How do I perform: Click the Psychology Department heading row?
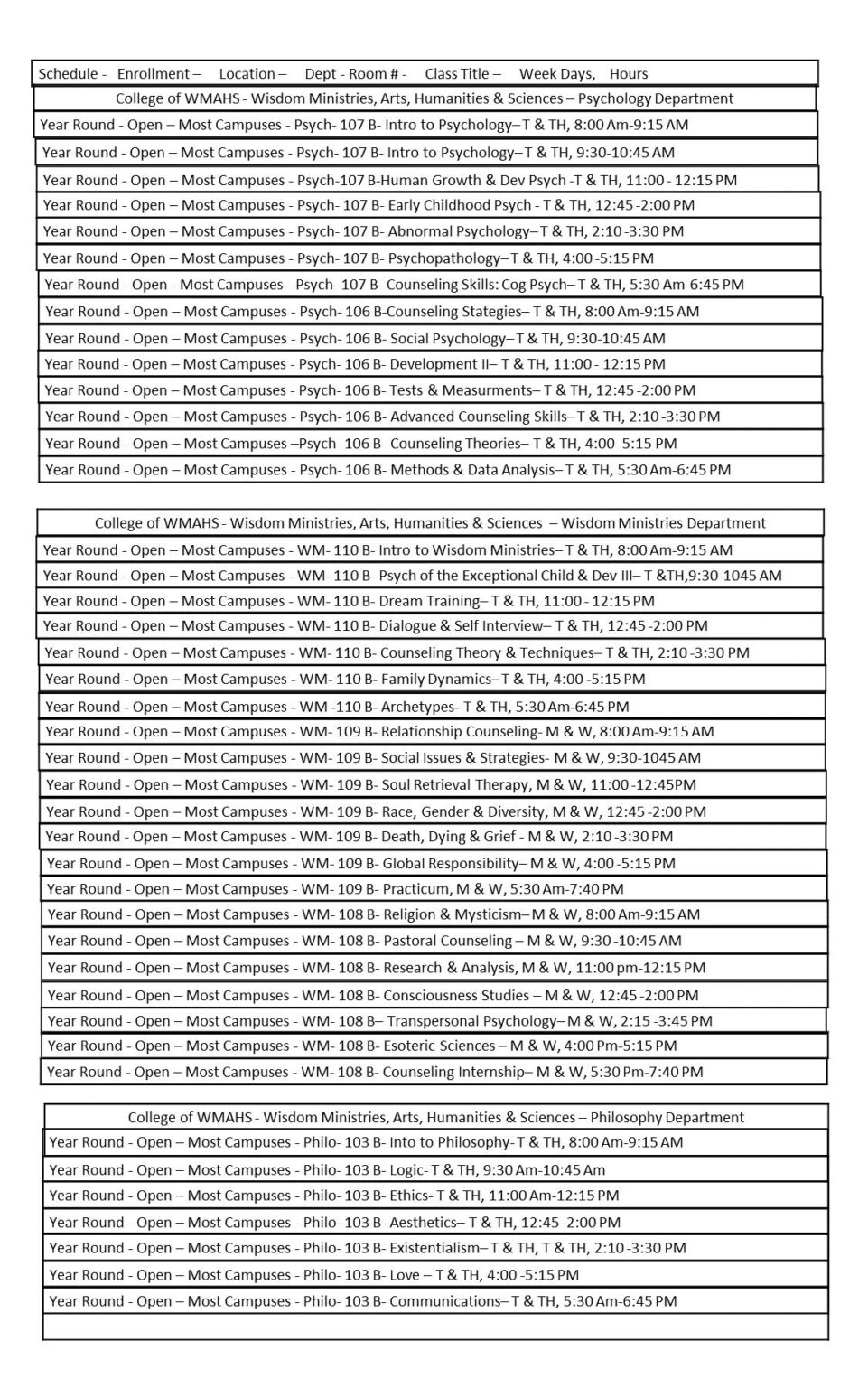coord(425,98)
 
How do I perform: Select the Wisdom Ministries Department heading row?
coord(430,523)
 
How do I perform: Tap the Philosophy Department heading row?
coord(436,1118)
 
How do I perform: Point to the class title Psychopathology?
coord(443,258)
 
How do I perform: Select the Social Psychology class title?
coord(448,339)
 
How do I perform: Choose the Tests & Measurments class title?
coord(461,390)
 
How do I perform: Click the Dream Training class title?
coord(429,601)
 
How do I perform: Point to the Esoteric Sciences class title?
coord(439,1046)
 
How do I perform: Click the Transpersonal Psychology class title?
coord(471,1021)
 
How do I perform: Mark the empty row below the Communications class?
coord(435,1327)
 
